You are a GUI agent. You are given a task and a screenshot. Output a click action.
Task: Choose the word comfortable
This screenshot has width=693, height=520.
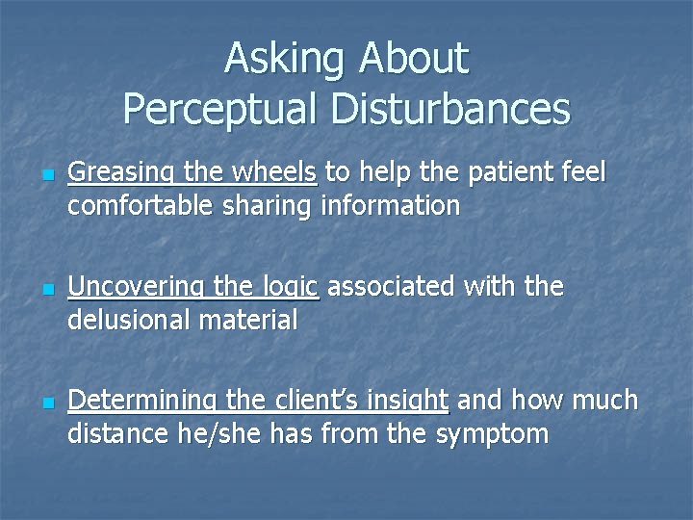[x=141, y=205]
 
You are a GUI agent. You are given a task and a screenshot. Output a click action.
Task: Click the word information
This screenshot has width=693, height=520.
[x=390, y=205]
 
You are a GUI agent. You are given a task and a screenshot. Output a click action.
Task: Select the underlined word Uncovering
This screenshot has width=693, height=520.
[x=135, y=287]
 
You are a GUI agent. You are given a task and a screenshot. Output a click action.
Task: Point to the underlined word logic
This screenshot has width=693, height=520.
[x=286, y=287]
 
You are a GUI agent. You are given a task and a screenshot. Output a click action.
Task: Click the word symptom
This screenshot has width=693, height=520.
[x=492, y=433]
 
